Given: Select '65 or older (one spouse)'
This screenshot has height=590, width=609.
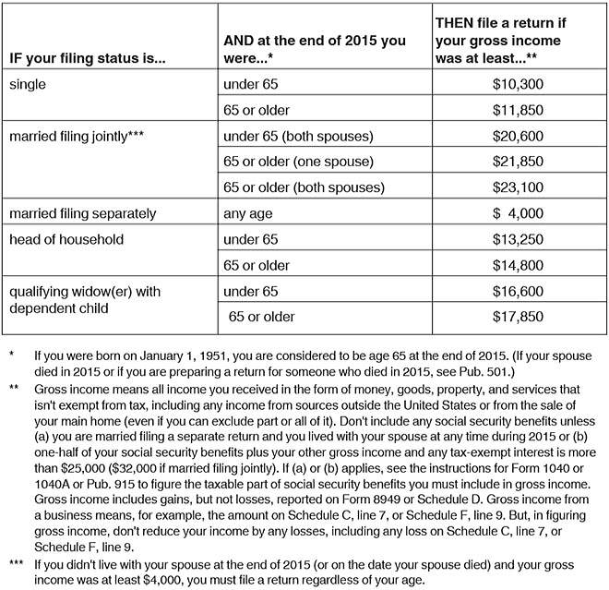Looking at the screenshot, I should [298, 162].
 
